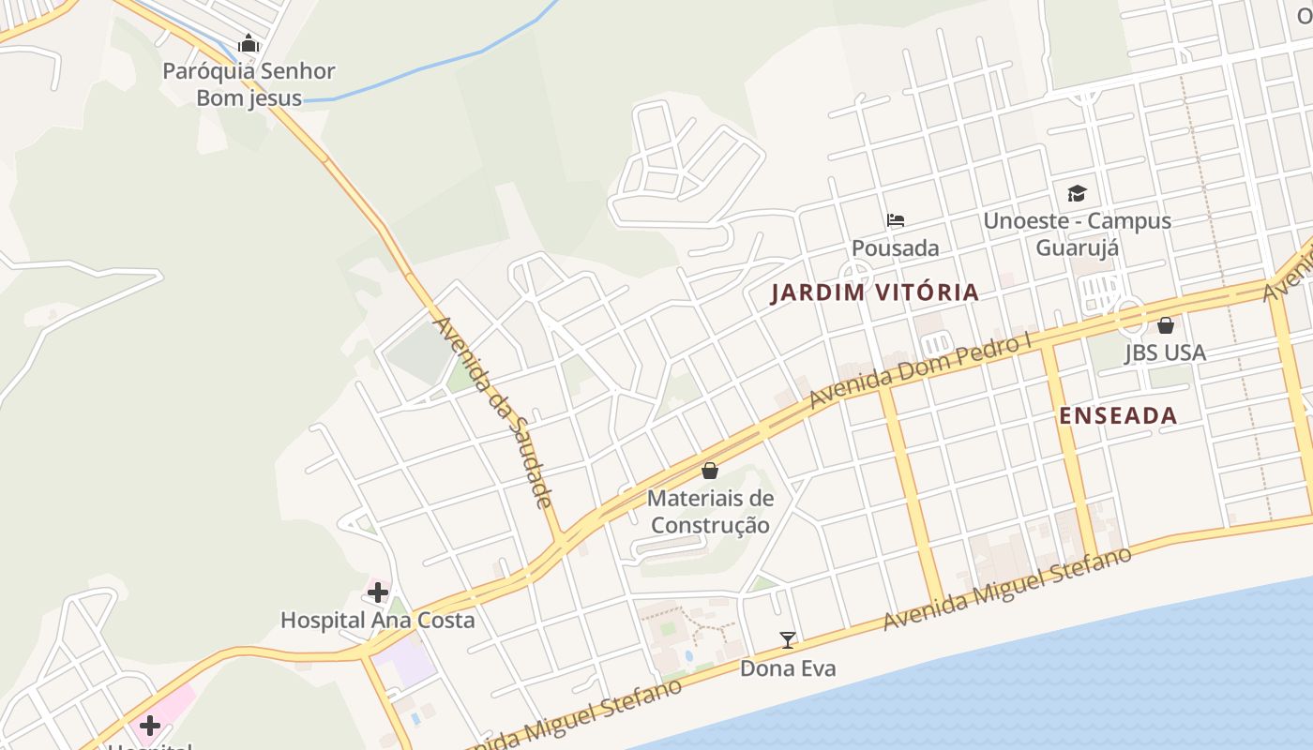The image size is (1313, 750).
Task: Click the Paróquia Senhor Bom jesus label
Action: point(249,84)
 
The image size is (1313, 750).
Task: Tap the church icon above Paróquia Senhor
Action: point(249,43)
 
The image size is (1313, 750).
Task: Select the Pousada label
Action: point(895,248)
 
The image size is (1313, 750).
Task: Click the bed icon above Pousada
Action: point(896,221)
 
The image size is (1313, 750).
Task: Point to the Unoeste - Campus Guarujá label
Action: point(1077,234)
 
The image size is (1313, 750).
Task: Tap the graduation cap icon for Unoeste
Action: point(1077,194)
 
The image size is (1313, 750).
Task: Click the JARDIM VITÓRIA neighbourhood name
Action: point(875,292)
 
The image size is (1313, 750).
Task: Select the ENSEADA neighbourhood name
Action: point(1118,416)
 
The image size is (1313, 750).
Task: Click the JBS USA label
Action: point(1165,353)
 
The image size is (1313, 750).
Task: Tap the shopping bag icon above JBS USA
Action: point(1166,325)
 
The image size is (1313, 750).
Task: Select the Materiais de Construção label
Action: point(710,512)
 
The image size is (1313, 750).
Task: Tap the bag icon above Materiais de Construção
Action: point(710,471)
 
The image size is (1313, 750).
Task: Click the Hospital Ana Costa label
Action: point(378,621)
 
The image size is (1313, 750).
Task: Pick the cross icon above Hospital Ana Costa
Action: point(378,592)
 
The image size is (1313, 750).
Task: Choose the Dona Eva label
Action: point(788,668)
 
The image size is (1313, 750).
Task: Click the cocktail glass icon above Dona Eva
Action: point(788,640)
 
